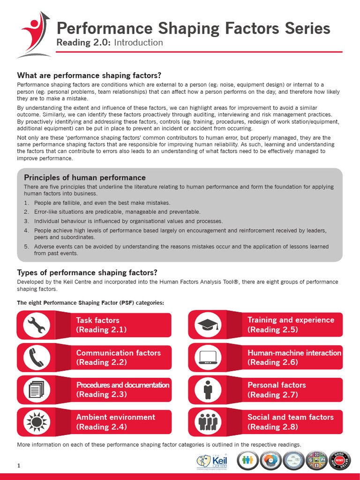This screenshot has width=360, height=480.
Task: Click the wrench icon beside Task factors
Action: pyautogui.click(x=36, y=325)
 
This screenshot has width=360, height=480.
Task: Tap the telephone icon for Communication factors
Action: pyautogui.click(x=36, y=358)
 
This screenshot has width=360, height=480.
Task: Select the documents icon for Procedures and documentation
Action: pyautogui.click(x=36, y=390)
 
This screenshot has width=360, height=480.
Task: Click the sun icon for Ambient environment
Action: pyautogui.click(x=36, y=422)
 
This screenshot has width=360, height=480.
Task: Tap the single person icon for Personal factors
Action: pyautogui.click(x=208, y=390)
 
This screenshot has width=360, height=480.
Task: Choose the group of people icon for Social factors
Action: pyautogui.click(x=207, y=422)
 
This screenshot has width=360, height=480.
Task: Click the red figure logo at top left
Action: pyautogui.click(x=34, y=35)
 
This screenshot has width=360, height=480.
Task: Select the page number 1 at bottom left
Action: pyautogui.click(x=19, y=465)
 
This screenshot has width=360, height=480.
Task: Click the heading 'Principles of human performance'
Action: pyautogui.click(x=84, y=178)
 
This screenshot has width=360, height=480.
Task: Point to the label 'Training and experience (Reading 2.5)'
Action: pyautogui.click(x=291, y=324)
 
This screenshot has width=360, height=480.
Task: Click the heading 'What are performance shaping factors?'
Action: pyautogui.click(x=89, y=75)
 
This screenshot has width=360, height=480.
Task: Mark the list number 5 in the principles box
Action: pyautogui.click(x=26, y=247)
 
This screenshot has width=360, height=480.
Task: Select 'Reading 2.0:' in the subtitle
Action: pyautogui.click(x=77, y=43)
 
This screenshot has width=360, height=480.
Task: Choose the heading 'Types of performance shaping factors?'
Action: pyautogui.click(x=87, y=272)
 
